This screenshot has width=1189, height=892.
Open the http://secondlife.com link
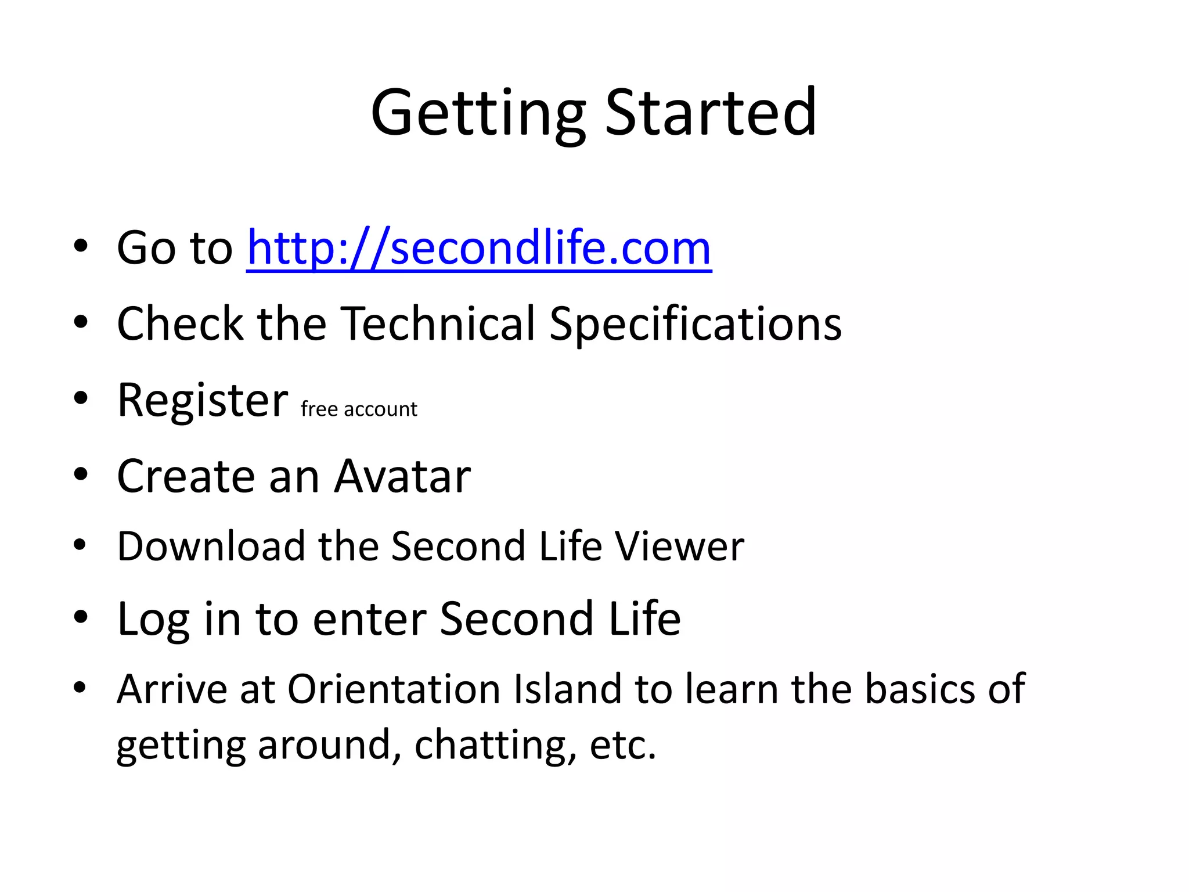click(x=479, y=249)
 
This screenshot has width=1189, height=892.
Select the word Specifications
click(x=695, y=325)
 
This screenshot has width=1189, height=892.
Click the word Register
click(x=203, y=401)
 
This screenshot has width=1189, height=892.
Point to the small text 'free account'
click(x=359, y=409)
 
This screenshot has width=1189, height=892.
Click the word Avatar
click(x=402, y=476)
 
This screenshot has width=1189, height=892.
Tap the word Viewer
click(x=679, y=546)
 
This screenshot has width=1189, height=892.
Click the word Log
click(x=153, y=620)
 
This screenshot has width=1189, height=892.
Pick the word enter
click(x=370, y=620)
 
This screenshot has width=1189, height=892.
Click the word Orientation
click(x=394, y=689)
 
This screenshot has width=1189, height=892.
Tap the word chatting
click(x=495, y=745)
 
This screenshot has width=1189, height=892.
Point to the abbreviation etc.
click(x=622, y=745)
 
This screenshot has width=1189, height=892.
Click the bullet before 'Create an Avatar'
click(x=81, y=475)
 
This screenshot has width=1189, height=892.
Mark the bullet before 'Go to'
click(x=81, y=246)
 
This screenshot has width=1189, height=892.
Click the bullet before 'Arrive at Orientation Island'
click(x=80, y=688)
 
